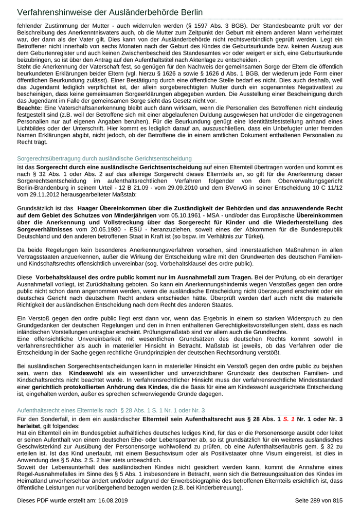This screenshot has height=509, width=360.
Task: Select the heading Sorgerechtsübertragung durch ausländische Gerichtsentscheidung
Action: point(104,158)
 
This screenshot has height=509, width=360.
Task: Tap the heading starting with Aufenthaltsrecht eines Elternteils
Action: point(111,410)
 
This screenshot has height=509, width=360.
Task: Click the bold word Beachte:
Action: point(30,108)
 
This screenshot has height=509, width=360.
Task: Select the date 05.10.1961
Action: point(177,215)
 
